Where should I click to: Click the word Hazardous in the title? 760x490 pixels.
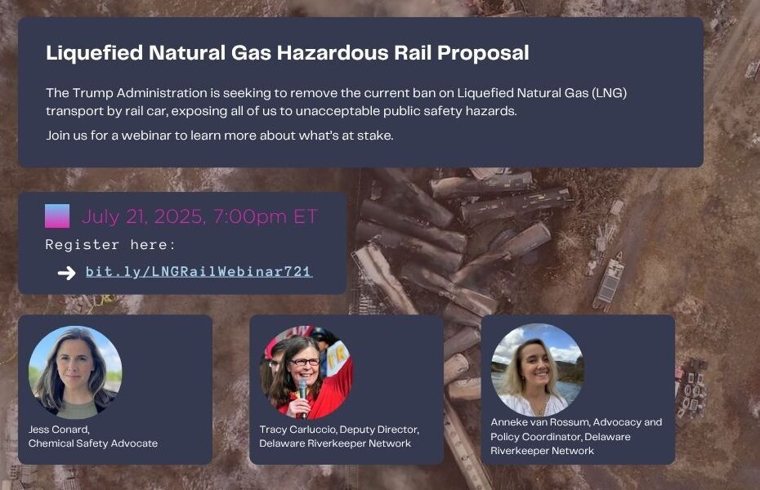pos(333,52)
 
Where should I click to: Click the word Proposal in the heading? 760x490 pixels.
pos(483,53)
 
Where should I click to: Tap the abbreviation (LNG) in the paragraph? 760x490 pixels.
pos(610,92)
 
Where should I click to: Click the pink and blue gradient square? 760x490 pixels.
pos(57,216)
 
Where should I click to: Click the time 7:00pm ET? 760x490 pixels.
pos(265,216)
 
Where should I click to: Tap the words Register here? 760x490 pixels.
pos(110,244)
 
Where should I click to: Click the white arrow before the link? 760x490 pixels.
pos(67,273)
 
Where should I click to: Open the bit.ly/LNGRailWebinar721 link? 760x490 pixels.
pos(199,271)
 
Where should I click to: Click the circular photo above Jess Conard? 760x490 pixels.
pos(75,372)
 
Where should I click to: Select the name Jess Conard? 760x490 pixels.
pos(59,429)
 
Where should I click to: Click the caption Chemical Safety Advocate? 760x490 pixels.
pos(93,443)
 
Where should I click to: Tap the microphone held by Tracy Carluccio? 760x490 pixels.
pos(303,394)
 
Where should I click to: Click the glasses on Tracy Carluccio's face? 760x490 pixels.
pos(305,362)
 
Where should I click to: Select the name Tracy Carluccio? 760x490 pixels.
pos(297,429)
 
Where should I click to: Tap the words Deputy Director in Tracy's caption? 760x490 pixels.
pos(379,430)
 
